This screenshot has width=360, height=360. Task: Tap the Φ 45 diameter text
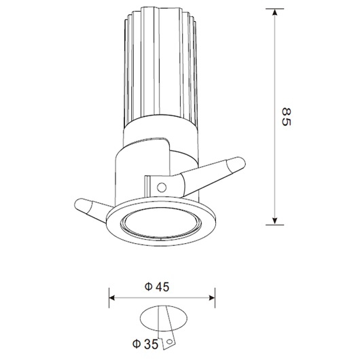(x=157, y=287)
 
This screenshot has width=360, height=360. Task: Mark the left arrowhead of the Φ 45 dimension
(x=113, y=298)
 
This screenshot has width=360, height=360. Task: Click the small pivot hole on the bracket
(x=161, y=185)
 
